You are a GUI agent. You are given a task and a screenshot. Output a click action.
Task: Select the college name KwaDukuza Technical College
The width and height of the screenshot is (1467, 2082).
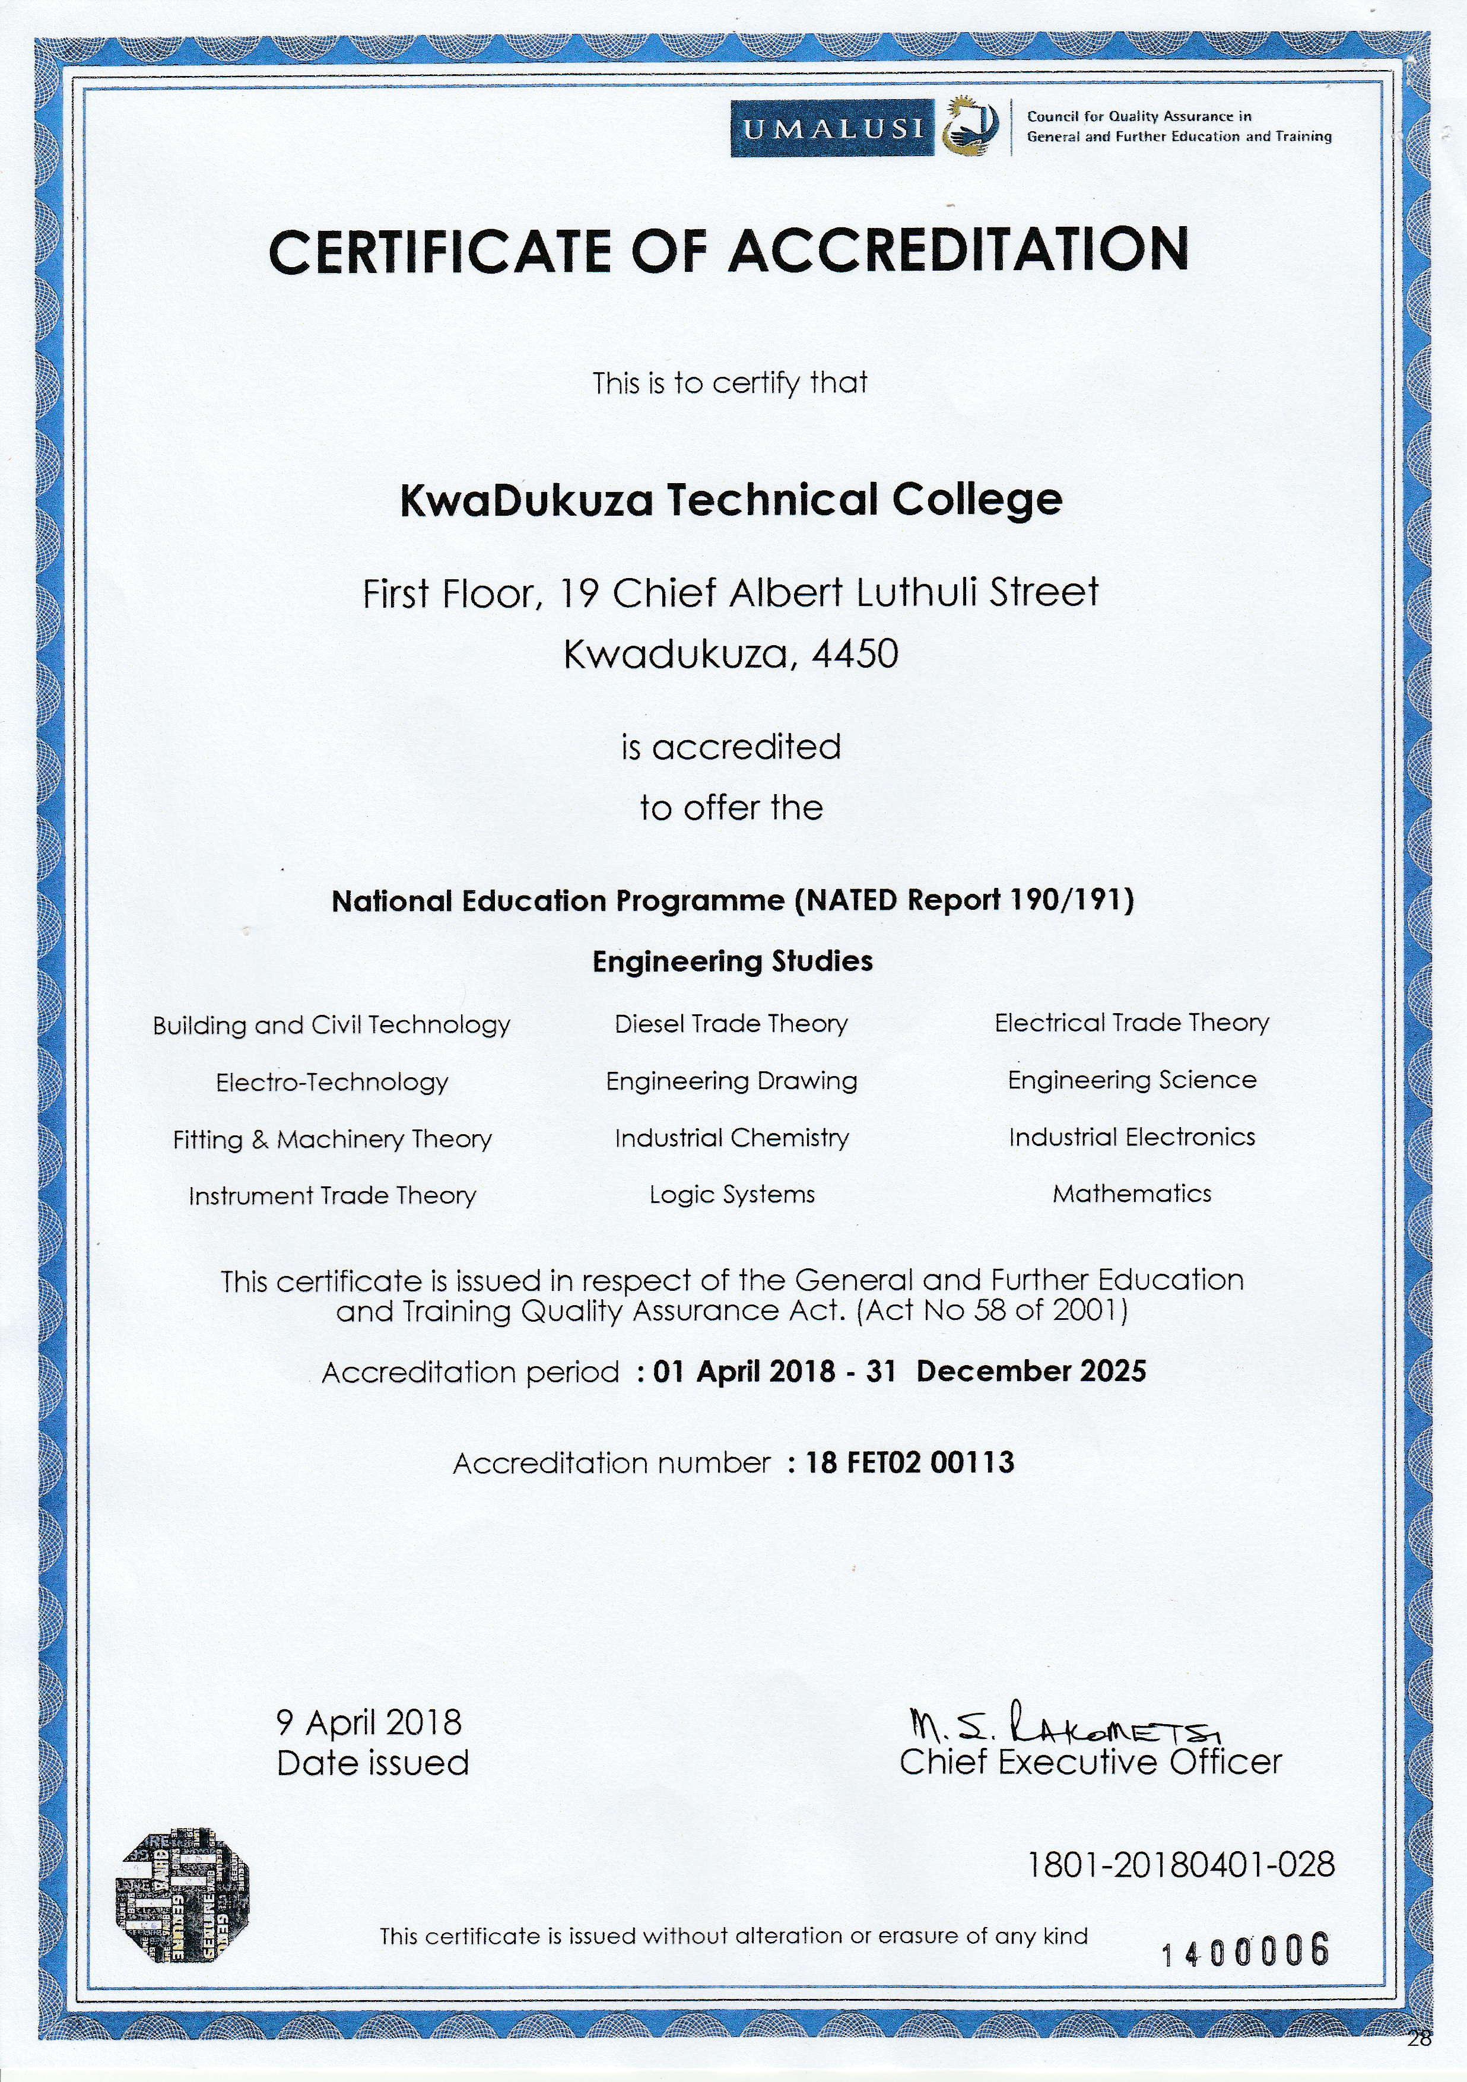(x=731, y=500)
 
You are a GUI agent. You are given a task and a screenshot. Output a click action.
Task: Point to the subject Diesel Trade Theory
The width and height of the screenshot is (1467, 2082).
(x=731, y=1024)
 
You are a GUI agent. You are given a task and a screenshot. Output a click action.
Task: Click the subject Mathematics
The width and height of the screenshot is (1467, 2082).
(x=1132, y=1194)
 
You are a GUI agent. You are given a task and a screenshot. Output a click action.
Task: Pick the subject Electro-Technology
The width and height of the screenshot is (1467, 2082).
(x=332, y=1082)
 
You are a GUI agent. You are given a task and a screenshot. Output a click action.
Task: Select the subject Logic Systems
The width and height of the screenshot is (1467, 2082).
(x=732, y=1195)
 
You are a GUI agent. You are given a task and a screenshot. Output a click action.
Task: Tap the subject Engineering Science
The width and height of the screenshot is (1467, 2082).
(x=1132, y=1080)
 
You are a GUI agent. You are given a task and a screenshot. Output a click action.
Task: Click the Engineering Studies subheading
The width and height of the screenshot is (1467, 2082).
(x=732, y=961)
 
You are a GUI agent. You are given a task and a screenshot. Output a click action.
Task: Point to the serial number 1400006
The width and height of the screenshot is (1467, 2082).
(x=1245, y=1950)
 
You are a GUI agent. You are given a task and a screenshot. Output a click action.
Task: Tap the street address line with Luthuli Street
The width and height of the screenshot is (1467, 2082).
(x=731, y=593)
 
